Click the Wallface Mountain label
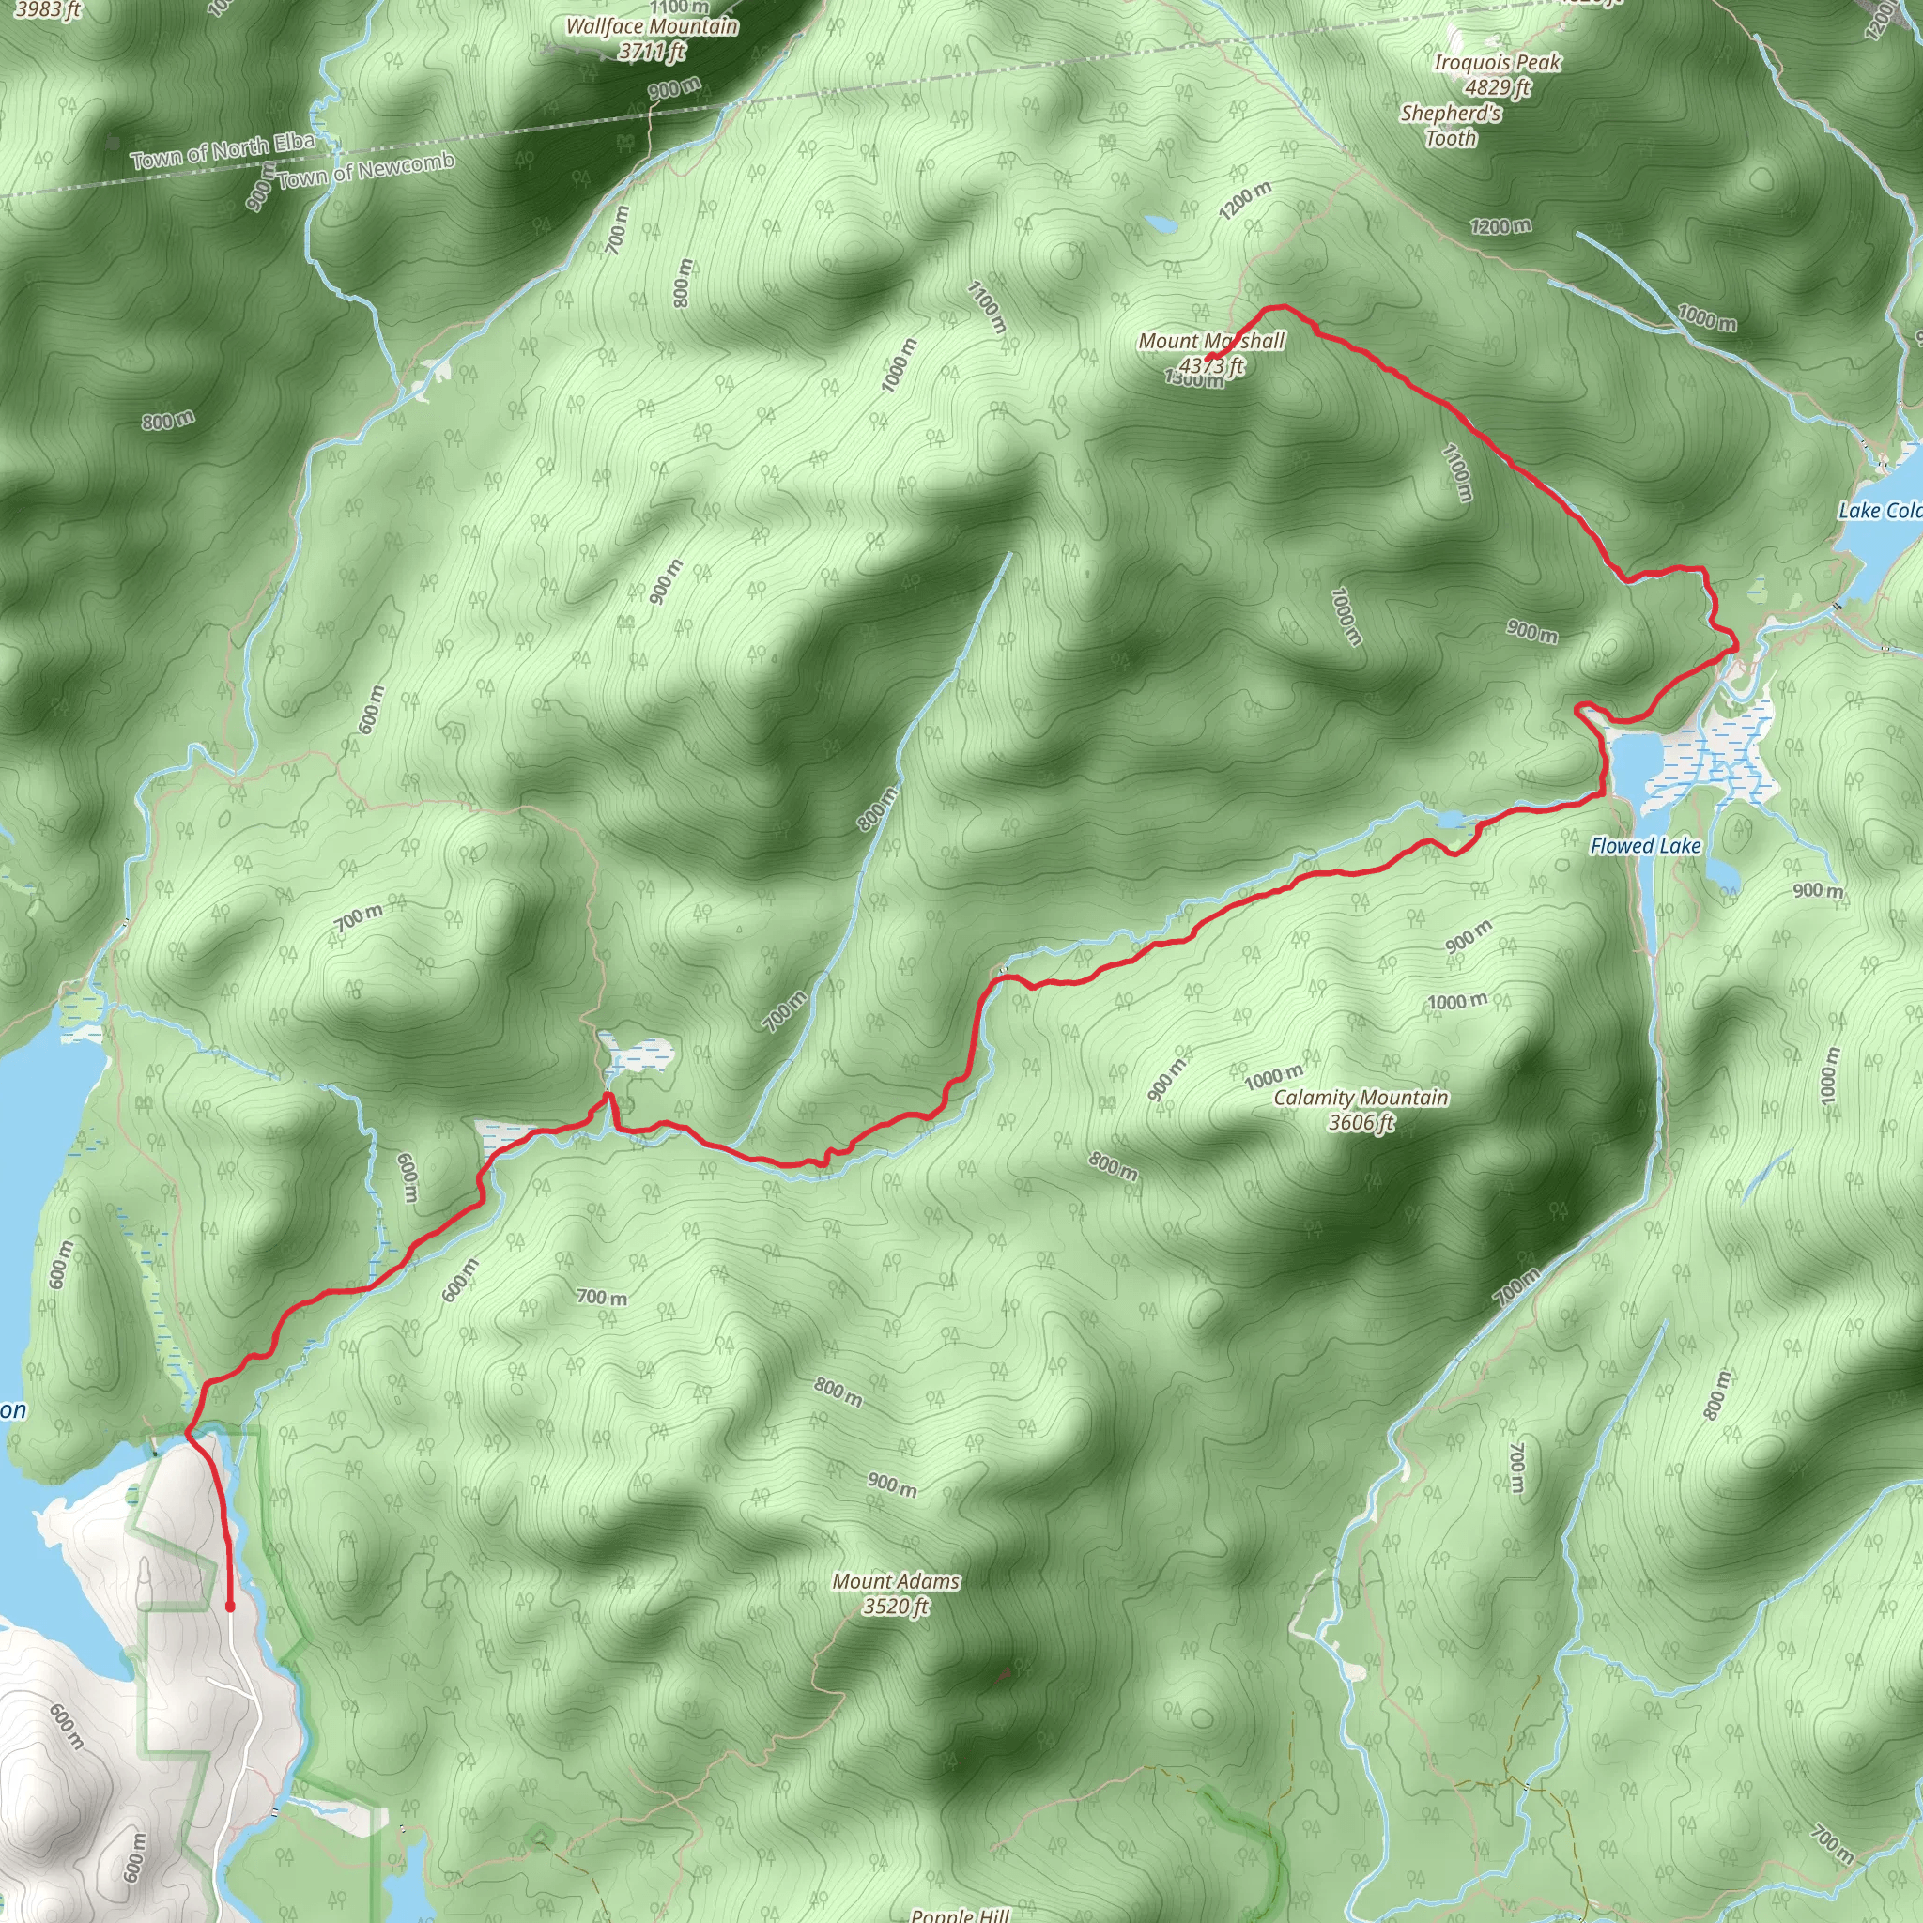tap(652, 27)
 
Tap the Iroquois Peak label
tap(1497, 63)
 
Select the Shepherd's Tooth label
tap(1452, 126)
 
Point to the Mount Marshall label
tap(1211, 342)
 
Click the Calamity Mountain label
tap(1361, 1097)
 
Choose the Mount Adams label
tap(896, 1580)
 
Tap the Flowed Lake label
tap(1645, 846)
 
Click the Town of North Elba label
tap(223, 150)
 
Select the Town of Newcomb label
tap(365, 170)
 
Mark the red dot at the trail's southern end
tap(230, 1607)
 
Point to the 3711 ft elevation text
tap(652, 51)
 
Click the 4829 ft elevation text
tap(1497, 87)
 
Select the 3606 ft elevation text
tap(1361, 1123)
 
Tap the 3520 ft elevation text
tap(896, 1607)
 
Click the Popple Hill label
tap(960, 1914)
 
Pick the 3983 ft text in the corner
tap(48, 10)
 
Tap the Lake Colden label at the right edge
tap(1879, 511)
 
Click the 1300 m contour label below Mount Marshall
tap(1194, 379)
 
